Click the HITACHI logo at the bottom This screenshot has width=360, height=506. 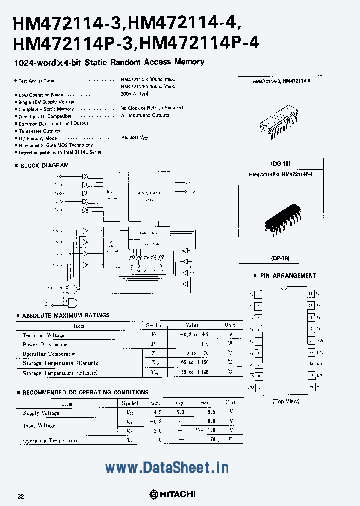(172, 494)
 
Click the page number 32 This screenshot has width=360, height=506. (21, 496)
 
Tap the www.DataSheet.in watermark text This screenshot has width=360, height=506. (167, 468)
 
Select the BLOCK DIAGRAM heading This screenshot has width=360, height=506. (44, 165)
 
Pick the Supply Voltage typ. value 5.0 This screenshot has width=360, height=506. (180, 413)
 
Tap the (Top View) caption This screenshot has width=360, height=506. (286, 401)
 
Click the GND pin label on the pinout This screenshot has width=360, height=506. (250, 387)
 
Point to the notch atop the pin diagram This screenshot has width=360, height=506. (284, 289)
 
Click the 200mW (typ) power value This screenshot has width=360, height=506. (135, 94)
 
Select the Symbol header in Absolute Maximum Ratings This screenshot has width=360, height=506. (154, 325)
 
